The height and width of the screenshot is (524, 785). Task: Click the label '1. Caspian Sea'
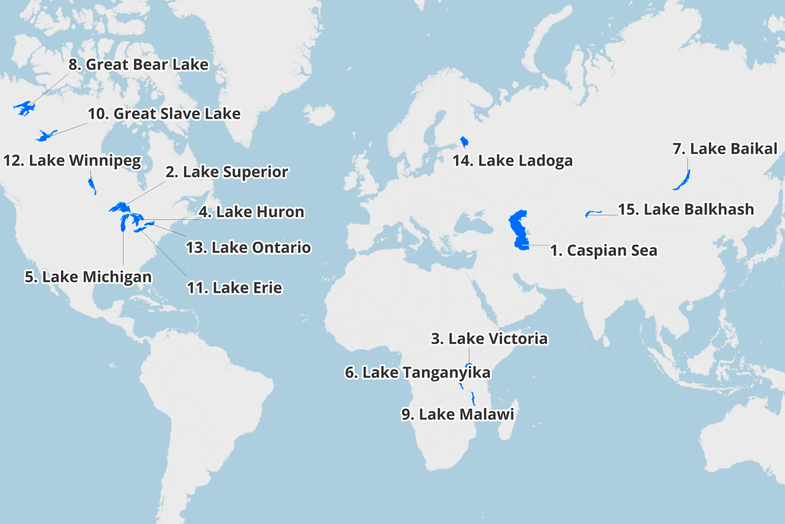pyautogui.click(x=603, y=250)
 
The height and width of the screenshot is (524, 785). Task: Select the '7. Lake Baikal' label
pyautogui.click(x=725, y=149)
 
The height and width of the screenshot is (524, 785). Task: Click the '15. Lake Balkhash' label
pyautogui.click(x=686, y=210)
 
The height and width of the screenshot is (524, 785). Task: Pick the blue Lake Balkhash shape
pyautogui.click(x=592, y=212)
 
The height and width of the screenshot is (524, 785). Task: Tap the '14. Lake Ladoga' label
pyautogui.click(x=512, y=161)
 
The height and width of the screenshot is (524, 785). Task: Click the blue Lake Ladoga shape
pyautogui.click(x=464, y=141)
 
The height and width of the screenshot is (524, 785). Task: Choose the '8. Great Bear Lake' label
pyautogui.click(x=139, y=64)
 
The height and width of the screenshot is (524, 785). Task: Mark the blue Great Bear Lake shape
pyautogui.click(x=24, y=108)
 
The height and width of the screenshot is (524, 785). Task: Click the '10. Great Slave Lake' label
pyautogui.click(x=164, y=114)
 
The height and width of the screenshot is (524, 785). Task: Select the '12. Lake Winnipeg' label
pyautogui.click(x=72, y=161)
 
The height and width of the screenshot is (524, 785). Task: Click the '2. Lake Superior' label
pyautogui.click(x=227, y=172)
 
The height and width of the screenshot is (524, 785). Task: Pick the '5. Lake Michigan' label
pyautogui.click(x=88, y=277)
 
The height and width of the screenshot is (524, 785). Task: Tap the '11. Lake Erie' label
pyautogui.click(x=234, y=288)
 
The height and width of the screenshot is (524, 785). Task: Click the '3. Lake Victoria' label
pyautogui.click(x=489, y=339)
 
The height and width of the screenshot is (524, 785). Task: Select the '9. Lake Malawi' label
pyautogui.click(x=457, y=414)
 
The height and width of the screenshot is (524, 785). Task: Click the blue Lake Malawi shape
pyautogui.click(x=473, y=399)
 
